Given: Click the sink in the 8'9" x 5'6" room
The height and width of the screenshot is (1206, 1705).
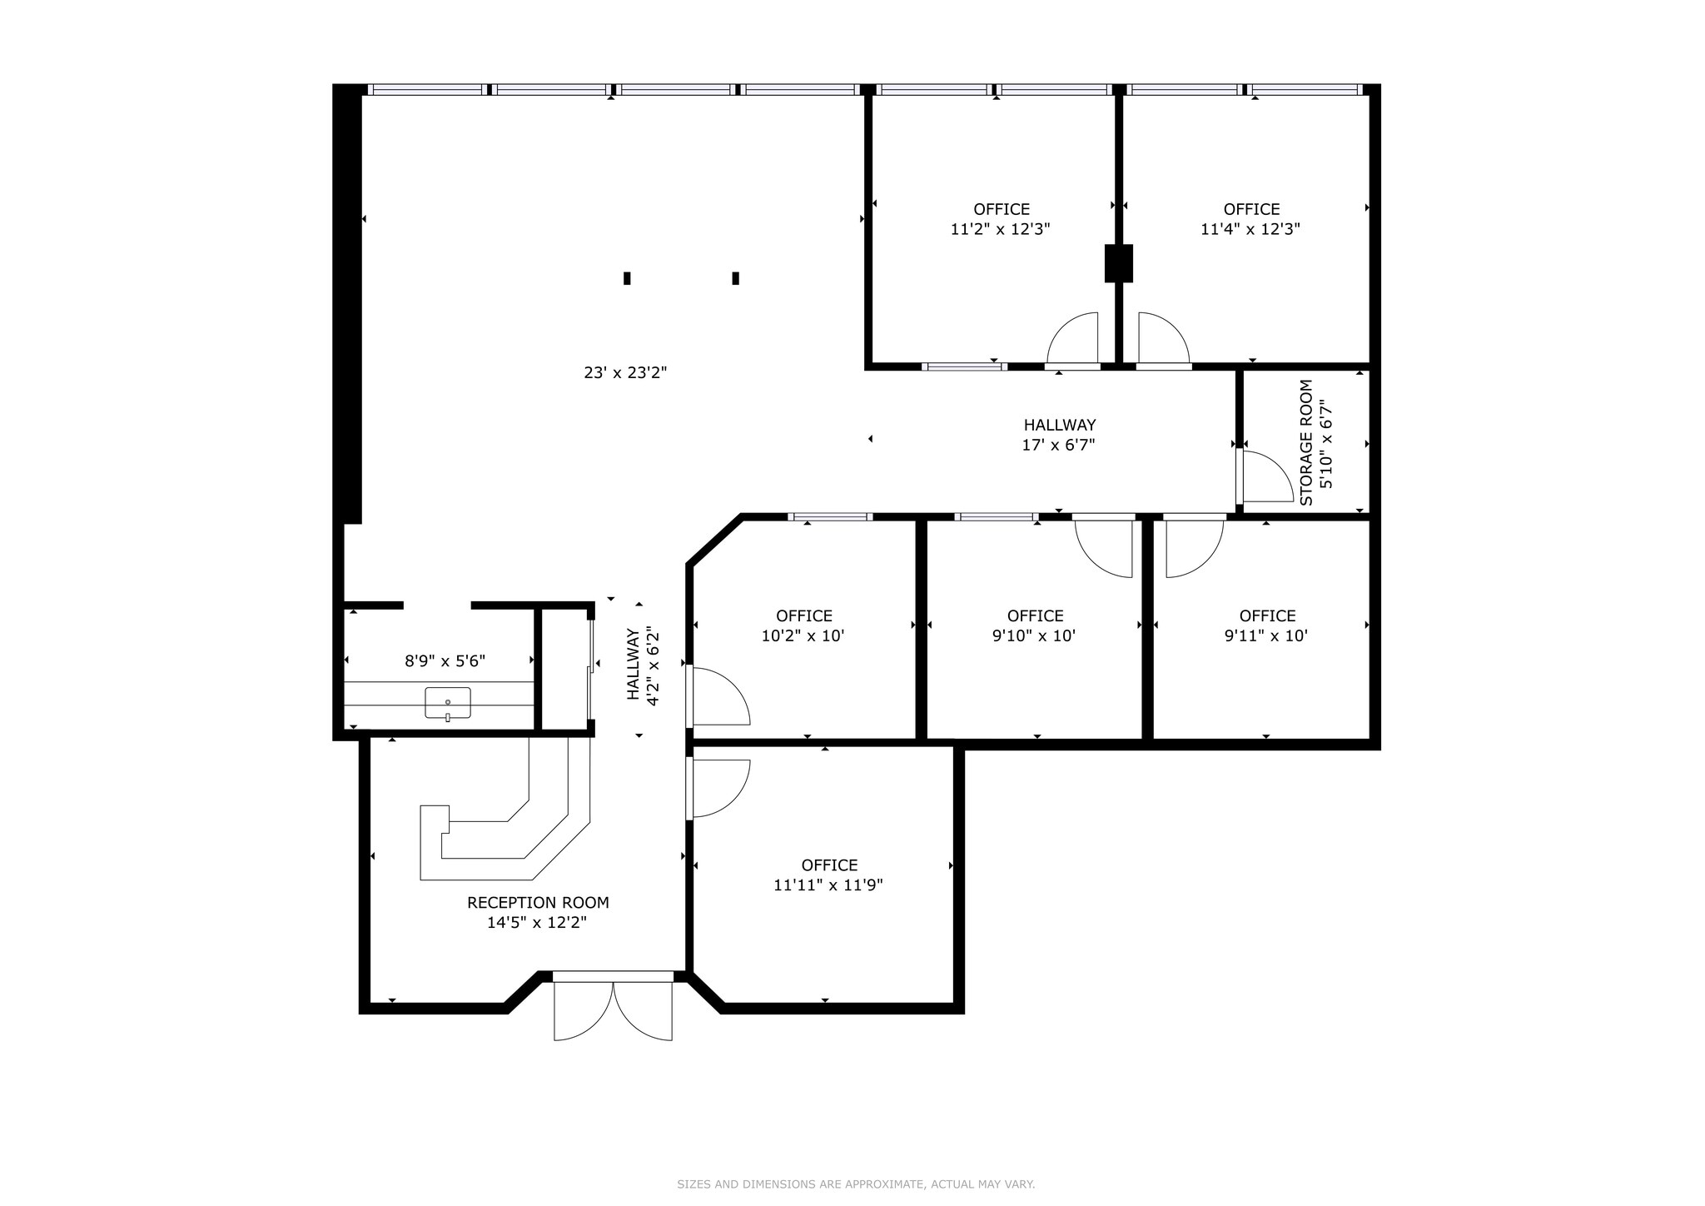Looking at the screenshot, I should pos(448,703).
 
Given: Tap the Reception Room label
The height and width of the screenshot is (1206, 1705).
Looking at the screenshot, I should pos(538,903).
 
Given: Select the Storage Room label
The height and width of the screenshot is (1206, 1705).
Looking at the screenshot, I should pos(1306,442).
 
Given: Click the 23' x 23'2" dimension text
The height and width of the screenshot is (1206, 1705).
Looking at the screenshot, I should pos(625,373).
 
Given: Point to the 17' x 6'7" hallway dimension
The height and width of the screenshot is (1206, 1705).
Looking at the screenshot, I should pos(1058,446).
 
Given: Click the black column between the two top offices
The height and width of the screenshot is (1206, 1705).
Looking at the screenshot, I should pos(1118,263).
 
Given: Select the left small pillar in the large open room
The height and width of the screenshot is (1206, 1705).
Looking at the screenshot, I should pos(627,278).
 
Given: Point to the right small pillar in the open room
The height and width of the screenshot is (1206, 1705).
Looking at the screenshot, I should pos(735,278).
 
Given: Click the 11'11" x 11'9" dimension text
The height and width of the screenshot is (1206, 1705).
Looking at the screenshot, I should pos(828,885).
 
